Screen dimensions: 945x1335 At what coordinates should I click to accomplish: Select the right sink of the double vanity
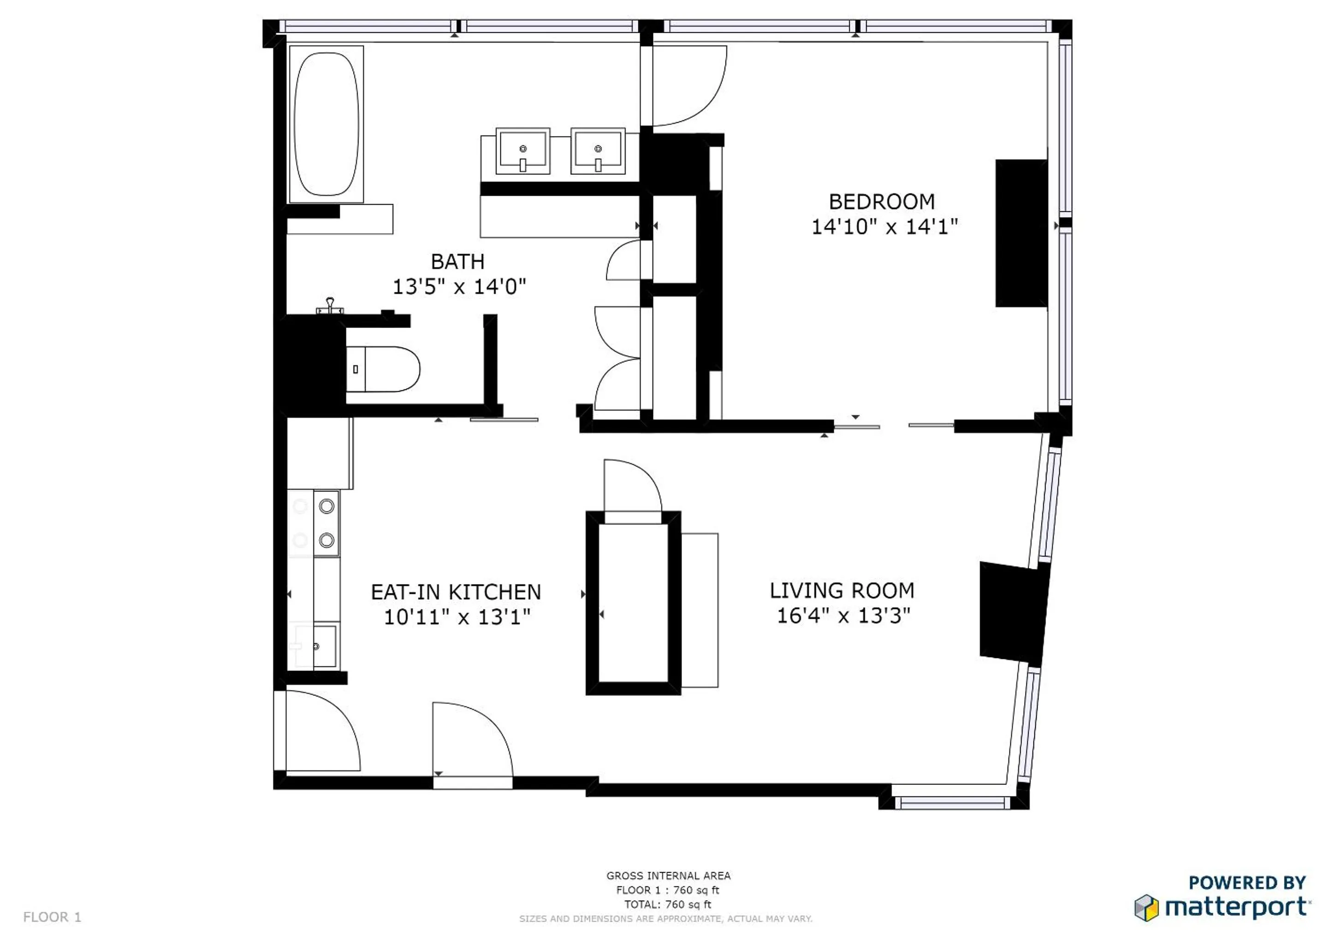click(x=597, y=151)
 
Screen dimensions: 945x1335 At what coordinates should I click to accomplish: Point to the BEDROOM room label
click(x=882, y=202)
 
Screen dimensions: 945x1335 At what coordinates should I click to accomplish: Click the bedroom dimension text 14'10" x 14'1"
click(x=884, y=227)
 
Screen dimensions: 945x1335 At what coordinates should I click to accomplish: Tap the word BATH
click(x=457, y=262)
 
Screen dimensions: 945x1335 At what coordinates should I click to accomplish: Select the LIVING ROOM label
click(x=842, y=591)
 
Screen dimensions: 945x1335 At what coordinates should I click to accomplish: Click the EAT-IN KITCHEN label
click(x=456, y=592)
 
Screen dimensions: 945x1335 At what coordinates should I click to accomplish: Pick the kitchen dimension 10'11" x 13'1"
click(x=457, y=617)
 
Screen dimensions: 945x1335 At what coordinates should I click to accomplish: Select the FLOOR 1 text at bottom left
click(x=52, y=917)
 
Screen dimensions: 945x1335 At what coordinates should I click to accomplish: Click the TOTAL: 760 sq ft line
click(x=668, y=904)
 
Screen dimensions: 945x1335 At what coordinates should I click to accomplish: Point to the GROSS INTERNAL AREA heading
click(x=668, y=875)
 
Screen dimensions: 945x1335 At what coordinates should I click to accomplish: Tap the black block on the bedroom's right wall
click(x=1021, y=233)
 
